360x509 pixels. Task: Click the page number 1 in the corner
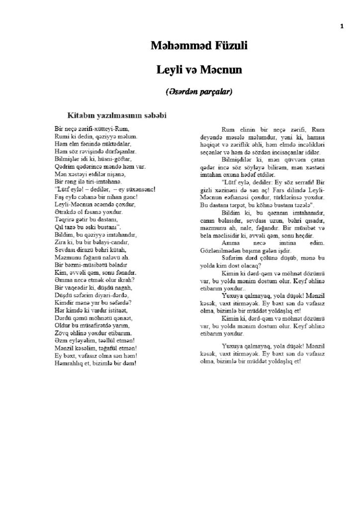(342, 26)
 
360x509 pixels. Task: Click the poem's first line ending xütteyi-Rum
(88, 128)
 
